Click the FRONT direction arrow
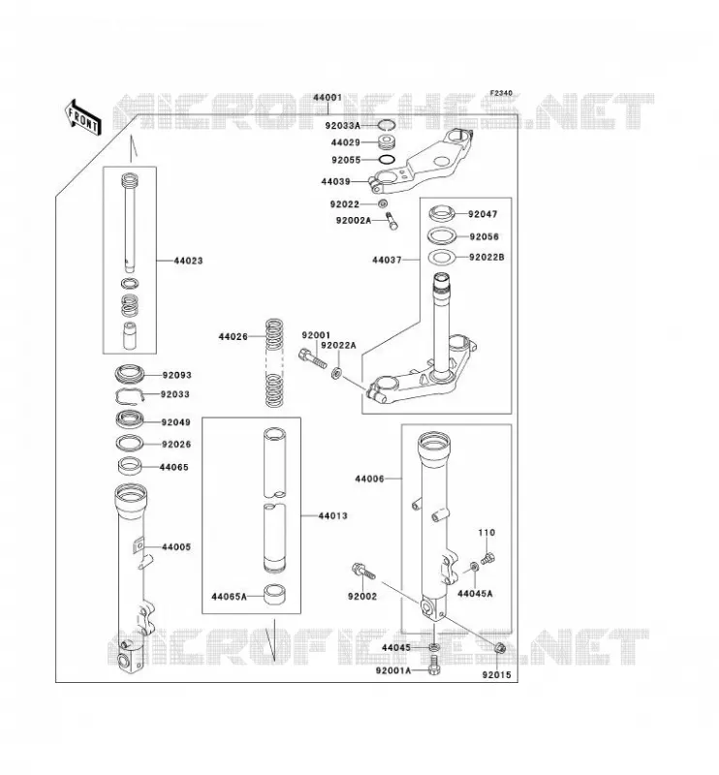tap(82, 117)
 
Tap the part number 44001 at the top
tap(328, 98)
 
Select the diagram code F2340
tap(501, 93)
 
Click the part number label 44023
tap(188, 261)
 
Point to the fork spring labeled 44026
tap(275, 363)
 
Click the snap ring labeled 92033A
tap(387, 126)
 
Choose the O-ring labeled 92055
tap(387, 160)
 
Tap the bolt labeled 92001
tap(313, 358)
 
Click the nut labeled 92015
tap(499, 647)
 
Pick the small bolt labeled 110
tap(488, 558)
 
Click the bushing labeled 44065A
tap(275, 595)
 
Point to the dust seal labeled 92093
tap(130, 374)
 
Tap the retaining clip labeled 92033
tap(130, 395)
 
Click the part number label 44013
tap(332, 516)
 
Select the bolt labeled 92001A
tap(434, 666)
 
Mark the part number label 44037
tap(387, 260)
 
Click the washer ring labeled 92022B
tap(441, 258)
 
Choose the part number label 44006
tap(369, 479)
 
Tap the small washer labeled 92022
tap(383, 203)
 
